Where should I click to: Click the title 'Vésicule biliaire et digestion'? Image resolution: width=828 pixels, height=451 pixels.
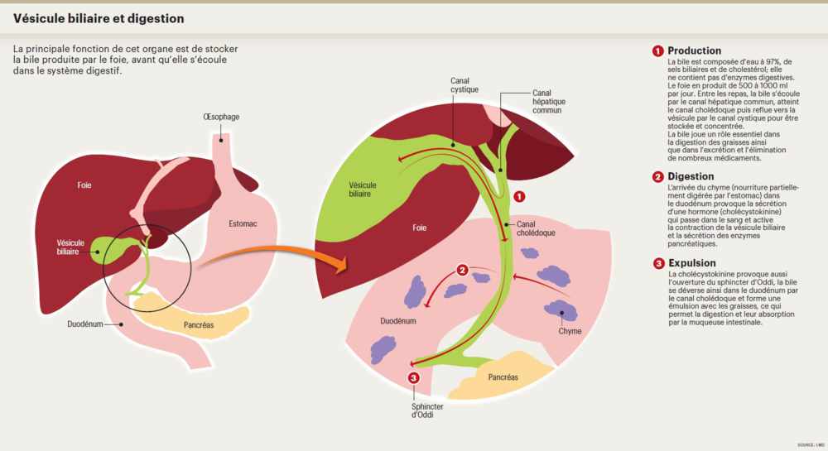[99, 18]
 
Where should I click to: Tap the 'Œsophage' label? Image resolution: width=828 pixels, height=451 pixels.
[221, 117]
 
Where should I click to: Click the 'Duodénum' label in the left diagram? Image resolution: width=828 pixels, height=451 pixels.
[85, 324]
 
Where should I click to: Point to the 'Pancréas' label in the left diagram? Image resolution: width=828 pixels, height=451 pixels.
[198, 324]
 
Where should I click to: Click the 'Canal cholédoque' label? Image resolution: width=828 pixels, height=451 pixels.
[536, 228]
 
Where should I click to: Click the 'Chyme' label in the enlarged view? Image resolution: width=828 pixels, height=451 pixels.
[570, 331]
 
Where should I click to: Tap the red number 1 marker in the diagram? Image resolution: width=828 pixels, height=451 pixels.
[519, 197]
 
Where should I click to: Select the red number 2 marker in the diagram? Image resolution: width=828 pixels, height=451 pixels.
[463, 269]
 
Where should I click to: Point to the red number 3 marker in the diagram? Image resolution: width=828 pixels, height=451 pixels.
[414, 378]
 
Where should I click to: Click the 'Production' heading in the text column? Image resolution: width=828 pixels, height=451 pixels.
[694, 50]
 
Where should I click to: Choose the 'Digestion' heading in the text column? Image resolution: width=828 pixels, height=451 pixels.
[691, 176]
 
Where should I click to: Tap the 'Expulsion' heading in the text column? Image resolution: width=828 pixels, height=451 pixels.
[691, 263]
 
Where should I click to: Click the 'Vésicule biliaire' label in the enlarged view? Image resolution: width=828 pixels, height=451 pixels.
[362, 190]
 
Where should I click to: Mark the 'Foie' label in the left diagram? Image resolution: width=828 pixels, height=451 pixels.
[84, 185]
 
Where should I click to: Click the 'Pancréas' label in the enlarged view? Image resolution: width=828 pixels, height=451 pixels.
[503, 377]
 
